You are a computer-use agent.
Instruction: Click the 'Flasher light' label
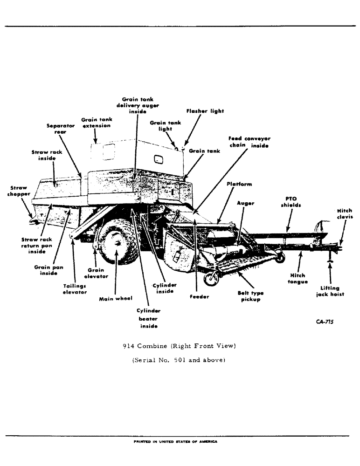[205, 111]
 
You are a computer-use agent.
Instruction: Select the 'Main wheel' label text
[116, 299]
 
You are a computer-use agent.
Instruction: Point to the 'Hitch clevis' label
[344, 214]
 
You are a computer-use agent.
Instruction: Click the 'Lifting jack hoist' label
[330, 291]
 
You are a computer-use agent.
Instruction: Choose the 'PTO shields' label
[291, 202]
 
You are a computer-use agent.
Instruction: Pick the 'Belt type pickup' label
[250, 296]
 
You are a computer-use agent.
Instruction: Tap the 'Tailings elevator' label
[75, 289]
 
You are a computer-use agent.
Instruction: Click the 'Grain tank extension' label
[97, 123]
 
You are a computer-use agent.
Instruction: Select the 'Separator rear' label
[61, 129]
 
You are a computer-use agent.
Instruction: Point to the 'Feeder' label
[199, 297]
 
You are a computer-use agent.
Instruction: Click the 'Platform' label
[239, 184]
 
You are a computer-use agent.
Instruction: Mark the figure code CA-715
[325, 322]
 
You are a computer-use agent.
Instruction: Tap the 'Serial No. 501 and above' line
[180, 360]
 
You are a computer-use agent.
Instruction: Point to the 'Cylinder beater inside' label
[149, 318]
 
